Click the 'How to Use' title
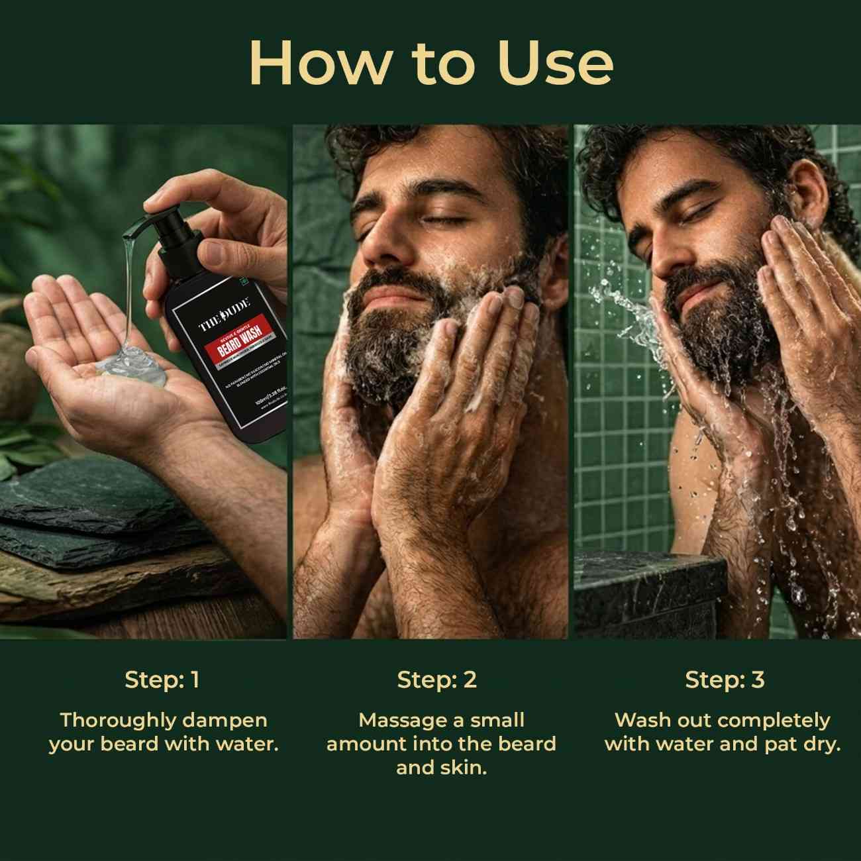click(x=430, y=62)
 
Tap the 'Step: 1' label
click(x=162, y=680)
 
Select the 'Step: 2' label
click(x=437, y=680)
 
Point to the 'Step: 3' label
click(x=725, y=680)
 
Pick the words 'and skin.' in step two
click(x=441, y=768)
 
